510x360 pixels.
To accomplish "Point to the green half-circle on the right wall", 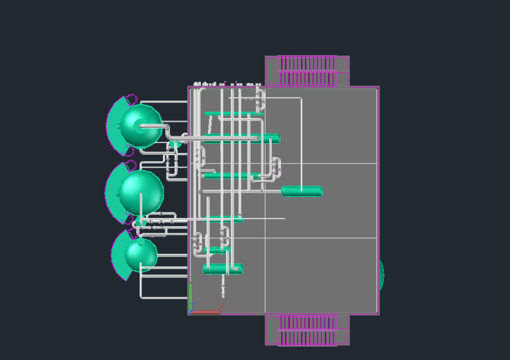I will coord(381,275).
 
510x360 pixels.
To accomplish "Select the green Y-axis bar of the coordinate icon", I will coord(190,297).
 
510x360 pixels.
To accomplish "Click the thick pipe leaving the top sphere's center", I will coord(155,127).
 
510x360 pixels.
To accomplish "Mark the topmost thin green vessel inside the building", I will coord(233,113).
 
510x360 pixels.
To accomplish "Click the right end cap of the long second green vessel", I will coord(277,139).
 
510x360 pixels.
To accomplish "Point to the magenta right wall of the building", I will coord(378,200).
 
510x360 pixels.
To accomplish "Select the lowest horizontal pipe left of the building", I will coord(164,298).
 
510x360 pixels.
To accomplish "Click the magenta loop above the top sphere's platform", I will coord(131,98).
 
